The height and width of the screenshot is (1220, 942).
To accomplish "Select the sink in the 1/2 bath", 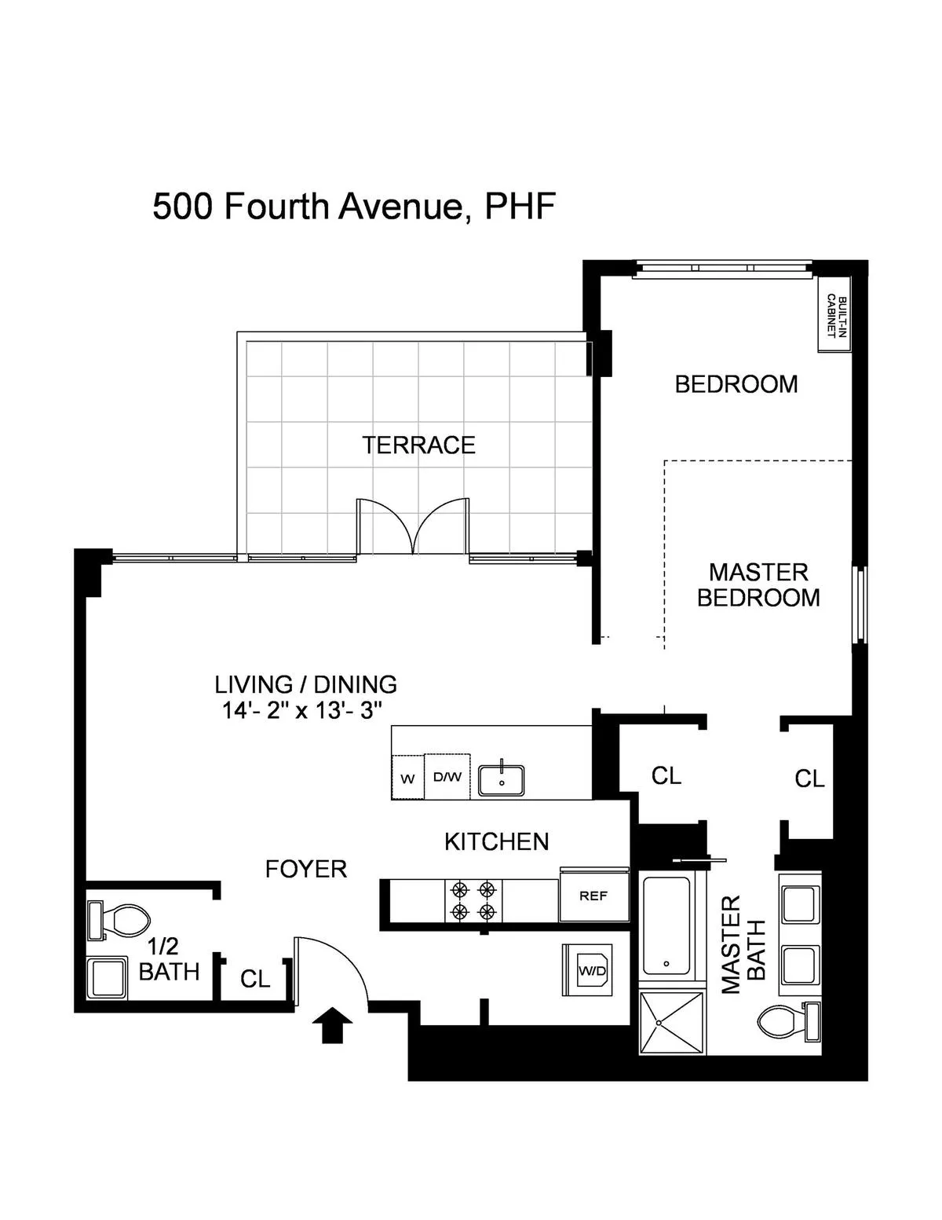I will [106, 978].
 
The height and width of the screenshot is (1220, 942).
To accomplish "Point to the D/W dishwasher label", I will [447, 777].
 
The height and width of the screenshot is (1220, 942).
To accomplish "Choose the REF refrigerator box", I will [593, 896].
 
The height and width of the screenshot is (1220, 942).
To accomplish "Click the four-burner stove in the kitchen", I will [473, 900].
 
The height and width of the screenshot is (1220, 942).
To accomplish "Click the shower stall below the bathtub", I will [672, 1022].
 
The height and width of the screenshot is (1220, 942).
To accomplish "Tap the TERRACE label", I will [418, 445].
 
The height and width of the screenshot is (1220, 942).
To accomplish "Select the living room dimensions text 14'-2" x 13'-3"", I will [302, 711].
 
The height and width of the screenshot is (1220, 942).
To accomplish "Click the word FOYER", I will [305, 869].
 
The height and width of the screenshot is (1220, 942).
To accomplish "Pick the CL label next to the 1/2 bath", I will [255, 979].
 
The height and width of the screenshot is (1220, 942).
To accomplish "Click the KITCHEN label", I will [496, 842].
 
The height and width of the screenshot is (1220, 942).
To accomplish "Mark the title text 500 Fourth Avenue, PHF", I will [354, 207].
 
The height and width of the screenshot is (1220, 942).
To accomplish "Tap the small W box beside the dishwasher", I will [407, 779].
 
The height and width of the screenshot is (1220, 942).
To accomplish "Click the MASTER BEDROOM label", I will [758, 584].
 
